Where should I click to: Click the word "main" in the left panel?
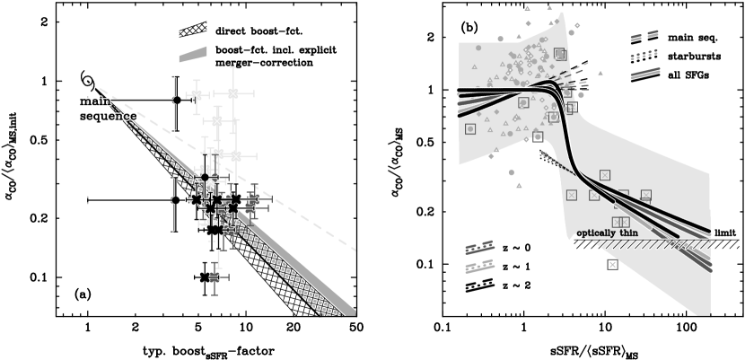(94, 101)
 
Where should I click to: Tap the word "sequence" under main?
(108, 117)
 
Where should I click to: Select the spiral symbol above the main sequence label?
(87, 78)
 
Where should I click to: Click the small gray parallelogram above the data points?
(192, 55)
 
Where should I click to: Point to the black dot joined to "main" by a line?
(177, 101)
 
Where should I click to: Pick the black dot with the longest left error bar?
(176, 200)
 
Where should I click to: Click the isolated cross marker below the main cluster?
(207, 277)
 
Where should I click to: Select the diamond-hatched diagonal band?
(269, 270)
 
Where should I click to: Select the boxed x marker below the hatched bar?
(612, 264)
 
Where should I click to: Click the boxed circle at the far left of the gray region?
(469, 129)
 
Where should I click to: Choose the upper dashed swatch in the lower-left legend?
(479, 248)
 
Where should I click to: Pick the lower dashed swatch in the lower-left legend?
(479, 267)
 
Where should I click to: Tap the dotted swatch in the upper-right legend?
(644, 56)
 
